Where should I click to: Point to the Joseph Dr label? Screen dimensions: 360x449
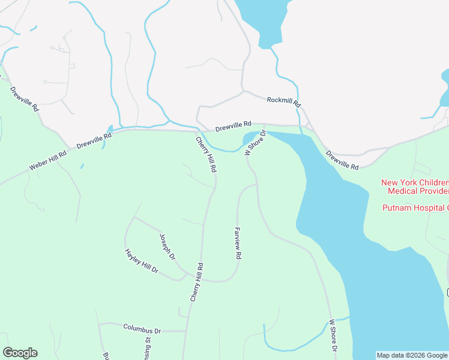[x=167, y=247]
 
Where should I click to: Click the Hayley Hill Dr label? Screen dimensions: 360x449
[x=141, y=262]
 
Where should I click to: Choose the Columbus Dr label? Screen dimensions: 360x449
[x=142, y=329]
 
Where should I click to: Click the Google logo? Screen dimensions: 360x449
[x=20, y=353]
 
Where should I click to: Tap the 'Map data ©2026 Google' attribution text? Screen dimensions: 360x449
[x=412, y=355]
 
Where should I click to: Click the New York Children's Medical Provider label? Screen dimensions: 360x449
[x=415, y=187]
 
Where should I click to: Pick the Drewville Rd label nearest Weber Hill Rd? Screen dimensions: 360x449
[x=94, y=140]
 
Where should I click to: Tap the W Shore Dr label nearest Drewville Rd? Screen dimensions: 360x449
[x=255, y=142]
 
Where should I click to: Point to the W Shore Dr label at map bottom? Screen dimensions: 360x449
[x=333, y=336]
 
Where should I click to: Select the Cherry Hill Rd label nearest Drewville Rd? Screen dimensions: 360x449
[x=206, y=155]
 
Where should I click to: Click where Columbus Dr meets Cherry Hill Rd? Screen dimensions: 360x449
[x=185, y=331]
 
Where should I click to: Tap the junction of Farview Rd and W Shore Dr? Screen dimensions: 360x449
[x=257, y=185]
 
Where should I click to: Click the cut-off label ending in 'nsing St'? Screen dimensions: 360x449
[x=147, y=348]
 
